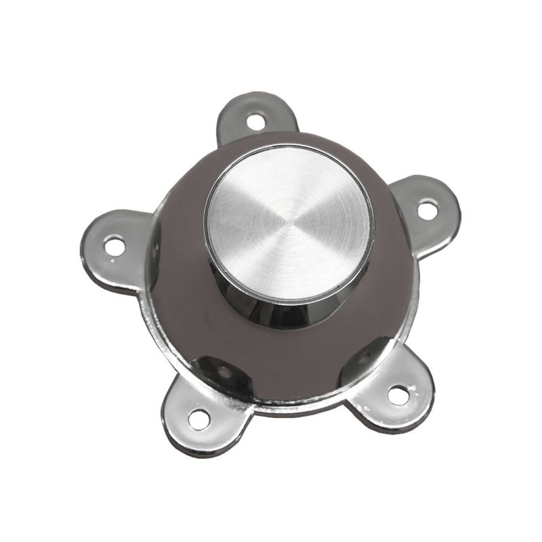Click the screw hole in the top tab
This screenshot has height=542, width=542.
(255, 122)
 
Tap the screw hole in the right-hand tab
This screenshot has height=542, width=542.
(427, 209)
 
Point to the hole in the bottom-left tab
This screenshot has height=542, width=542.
(199, 419)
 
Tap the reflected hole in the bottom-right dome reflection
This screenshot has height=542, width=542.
(366, 355)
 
